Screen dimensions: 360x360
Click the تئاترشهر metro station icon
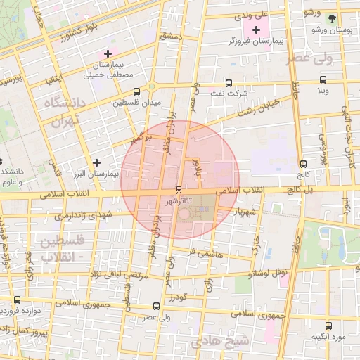pyautogui.click(x=178, y=191)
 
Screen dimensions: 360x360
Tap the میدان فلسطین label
pyautogui.click(x=137, y=103)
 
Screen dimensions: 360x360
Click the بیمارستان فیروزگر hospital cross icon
pyautogui.click(x=256, y=30)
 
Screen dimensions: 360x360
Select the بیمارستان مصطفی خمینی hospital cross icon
pyautogui.click(x=108, y=53)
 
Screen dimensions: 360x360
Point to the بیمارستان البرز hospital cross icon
pyautogui.click(x=97, y=162)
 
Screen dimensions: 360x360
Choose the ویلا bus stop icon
pyautogui.click(x=323, y=79)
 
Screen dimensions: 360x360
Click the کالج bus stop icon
pyautogui.click(x=304, y=162)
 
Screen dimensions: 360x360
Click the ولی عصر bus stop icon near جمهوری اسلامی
pyautogui.click(x=155, y=306)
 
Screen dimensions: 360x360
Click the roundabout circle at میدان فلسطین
pyautogui.click(x=151, y=87)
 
